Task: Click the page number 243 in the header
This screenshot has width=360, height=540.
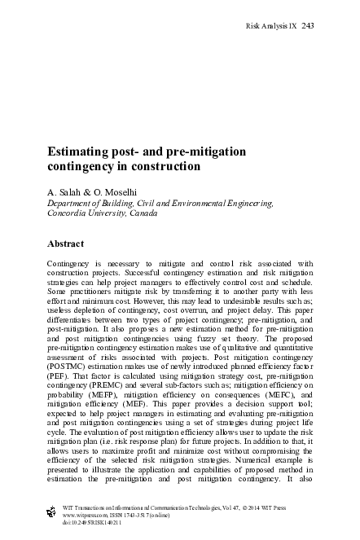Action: (308, 25)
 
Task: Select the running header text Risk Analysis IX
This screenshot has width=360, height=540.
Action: (271, 25)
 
